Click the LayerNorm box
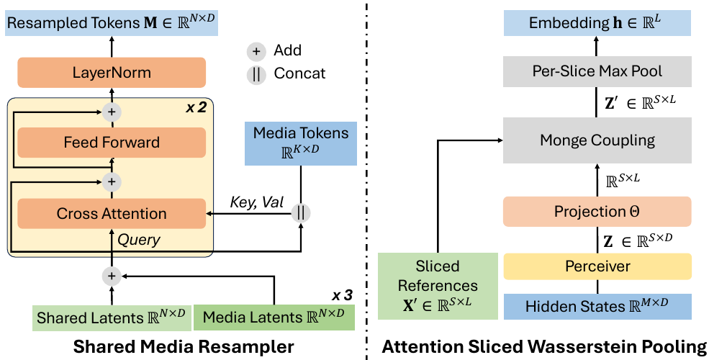coord(112,73)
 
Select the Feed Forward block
coord(111,142)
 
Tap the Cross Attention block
coord(111,213)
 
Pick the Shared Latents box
coord(111,317)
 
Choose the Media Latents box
coord(274,317)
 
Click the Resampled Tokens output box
coord(112,23)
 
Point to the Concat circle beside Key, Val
coord(301,213)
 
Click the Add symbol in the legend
coord(256,51)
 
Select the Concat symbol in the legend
coord(256,73)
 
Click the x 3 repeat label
coord(343,295)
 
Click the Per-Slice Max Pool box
coord(597,71)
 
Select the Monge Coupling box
coord(597,140)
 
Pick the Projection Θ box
coord(597,211)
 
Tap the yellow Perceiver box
coord(597,266)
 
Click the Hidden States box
coord(597,306)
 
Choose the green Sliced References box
coord(438,285)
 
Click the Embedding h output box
coord(597,23)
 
